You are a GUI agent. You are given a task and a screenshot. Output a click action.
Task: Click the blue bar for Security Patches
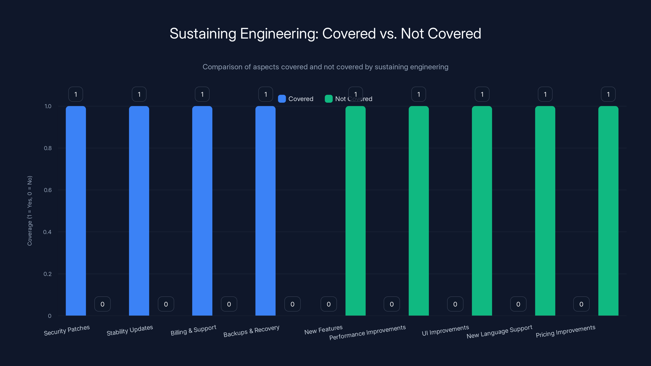pyautogui.click(x=76, y=211)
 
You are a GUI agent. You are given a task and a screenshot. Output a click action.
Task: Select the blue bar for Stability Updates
pyautogui.click(x=139, y=211)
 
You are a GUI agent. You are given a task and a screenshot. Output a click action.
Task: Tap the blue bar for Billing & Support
pyautogui.click(x=202, y=211)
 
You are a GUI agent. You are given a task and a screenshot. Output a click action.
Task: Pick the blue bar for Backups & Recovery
pyautogui.click(x=265, y=211)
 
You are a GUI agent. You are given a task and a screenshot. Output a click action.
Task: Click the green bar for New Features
pyautogui.click(x=355, y=211)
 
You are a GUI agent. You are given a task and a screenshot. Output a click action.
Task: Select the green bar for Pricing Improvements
pyautogui.click(x=608, y=211)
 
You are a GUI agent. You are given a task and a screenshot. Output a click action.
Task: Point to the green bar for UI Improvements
pyautogui.click(x=482, y=211)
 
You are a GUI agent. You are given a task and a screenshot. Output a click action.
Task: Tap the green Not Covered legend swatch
pyautogui.click(x=329, y=99)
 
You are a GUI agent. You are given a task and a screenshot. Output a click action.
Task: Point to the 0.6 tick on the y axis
pyautogui.click(x=48, y=190)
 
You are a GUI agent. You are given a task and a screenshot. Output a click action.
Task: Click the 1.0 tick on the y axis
pyautogui.click(x=48, y=106)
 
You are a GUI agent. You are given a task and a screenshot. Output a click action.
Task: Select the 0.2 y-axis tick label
pyautogui.click(x=48, y=274)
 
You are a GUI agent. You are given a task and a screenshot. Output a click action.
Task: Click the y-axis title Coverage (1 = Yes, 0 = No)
pyautogui.click(x=29, y=211)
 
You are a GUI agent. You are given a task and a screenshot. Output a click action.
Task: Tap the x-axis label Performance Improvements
pyautogui.click(x=367, y=332)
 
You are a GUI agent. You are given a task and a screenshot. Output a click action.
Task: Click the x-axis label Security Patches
pyautogui.click(x=67, y=330)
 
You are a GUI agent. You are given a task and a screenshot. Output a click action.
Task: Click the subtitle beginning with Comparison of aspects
pyautogui.click(x=325, y=67)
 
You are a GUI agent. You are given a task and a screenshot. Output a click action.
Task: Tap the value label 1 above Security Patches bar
pyautogui.click(x=75, y=94)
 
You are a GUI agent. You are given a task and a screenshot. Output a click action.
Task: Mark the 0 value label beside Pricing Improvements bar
pyautogui.click(x=581, y=304)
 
